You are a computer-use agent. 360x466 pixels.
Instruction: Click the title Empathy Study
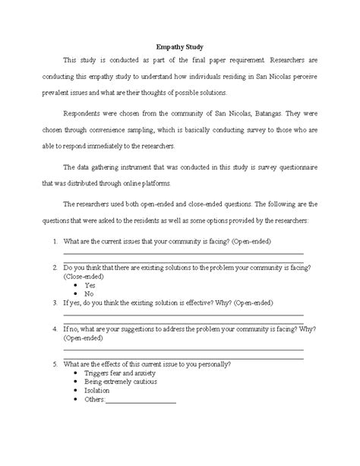(x=179, y=46)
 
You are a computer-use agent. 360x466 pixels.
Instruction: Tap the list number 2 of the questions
(x=55, y=268)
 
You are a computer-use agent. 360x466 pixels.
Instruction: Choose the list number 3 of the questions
(x=55, y=302)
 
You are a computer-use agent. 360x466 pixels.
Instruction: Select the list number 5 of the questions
(x=55, y=364)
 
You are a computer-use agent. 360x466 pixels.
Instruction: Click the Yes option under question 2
(x=90, y=284)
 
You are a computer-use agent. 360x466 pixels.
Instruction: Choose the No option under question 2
(x=89, y=293)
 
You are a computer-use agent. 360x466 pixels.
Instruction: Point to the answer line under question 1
(x=182, y=252)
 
